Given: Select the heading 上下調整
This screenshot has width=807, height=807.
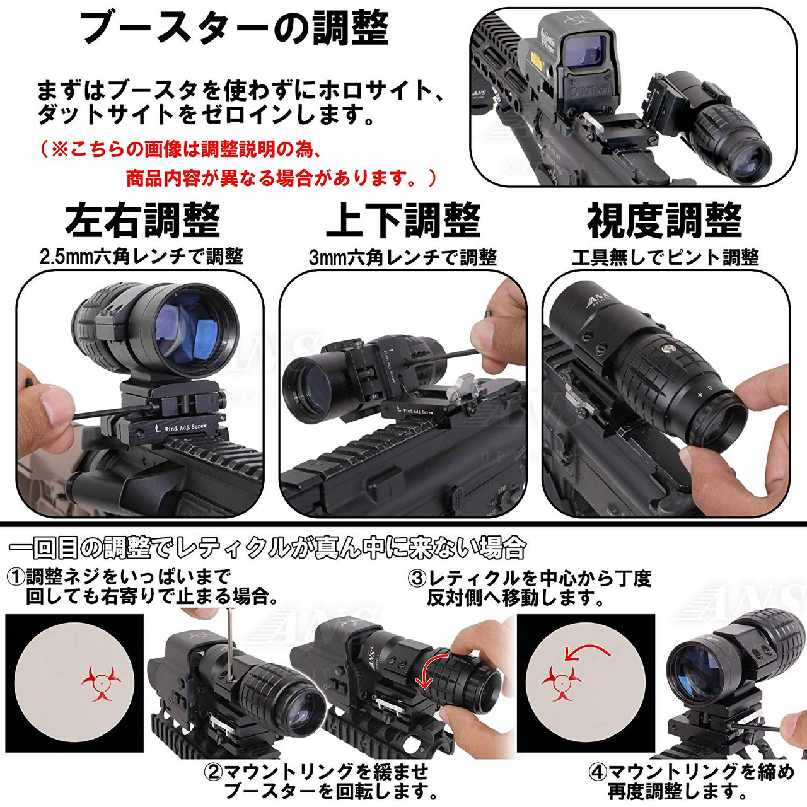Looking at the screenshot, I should point(403,221).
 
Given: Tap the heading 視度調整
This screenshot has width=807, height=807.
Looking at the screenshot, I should point(665,221).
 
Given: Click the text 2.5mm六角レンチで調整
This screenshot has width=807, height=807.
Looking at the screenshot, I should point(141,257).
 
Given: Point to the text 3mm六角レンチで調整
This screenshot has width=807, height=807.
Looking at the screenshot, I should point(403,257).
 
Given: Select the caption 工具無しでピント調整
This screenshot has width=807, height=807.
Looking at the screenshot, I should point(665,257).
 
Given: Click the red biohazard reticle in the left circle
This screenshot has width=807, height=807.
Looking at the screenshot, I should point(101,683).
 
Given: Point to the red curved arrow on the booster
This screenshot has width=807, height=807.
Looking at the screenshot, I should point(428,672).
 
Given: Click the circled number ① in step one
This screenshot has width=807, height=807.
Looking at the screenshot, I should point(16,576).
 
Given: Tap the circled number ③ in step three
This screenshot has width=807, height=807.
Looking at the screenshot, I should point(417,579).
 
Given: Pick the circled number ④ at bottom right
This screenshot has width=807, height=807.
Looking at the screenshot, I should point(598,773).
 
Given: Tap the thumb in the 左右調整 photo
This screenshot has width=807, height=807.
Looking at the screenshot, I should point(44,403).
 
